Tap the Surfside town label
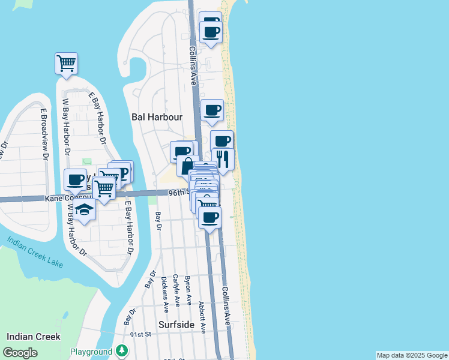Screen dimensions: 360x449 tap(176, 324)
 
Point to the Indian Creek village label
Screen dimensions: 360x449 tap(34, 337)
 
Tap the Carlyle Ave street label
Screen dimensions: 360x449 tap(176, 291)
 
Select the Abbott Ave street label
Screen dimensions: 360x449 tap(202, 317)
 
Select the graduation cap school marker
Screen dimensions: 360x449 tap(85, 210)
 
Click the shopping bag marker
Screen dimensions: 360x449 tap(188, 165)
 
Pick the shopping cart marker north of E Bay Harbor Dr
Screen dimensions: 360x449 tap(66, 62)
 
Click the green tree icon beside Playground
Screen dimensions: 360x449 tap(122, 350)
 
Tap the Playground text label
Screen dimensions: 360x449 tap(91, 352)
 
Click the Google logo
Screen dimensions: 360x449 tap(20, 353)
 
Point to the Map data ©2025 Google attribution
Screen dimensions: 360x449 tap(412, 355)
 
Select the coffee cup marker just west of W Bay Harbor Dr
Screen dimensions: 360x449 tap(76, 179)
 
